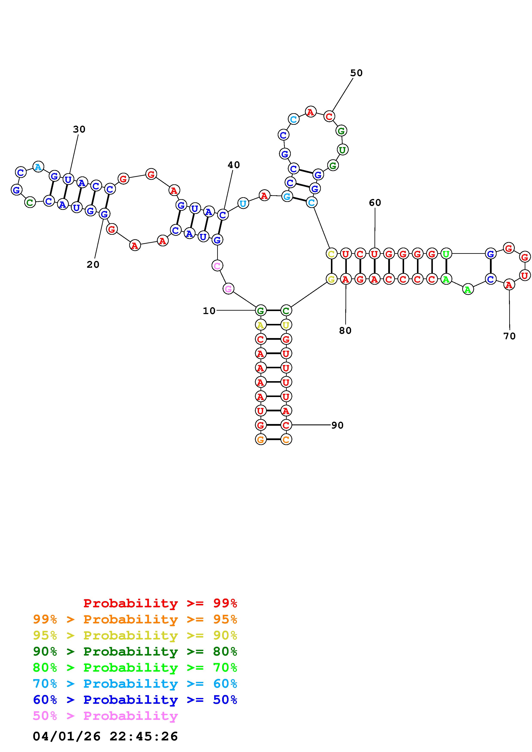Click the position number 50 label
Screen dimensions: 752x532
(356, 73)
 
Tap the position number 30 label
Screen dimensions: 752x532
(79, 129)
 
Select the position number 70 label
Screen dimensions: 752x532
(509, 336)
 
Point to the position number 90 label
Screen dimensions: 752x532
(337, 426)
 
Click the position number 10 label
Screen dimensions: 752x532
(209, 311)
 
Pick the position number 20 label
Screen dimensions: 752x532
(93, 265)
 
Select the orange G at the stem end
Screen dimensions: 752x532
(261, 439)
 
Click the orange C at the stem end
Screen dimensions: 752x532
(286, 439)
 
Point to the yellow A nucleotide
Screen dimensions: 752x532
(260, 325)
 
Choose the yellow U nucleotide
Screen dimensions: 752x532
(286, 325)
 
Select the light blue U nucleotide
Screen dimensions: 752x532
(243, 203)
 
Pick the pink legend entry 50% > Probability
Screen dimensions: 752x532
(105, 716)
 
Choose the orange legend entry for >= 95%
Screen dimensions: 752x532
(135, 619)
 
